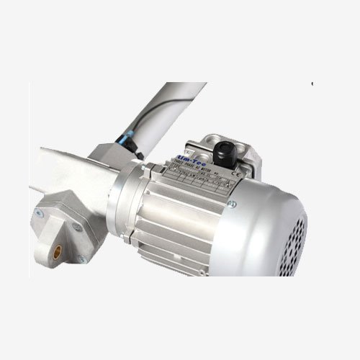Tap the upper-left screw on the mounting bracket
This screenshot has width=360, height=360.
click(x=41, y=214)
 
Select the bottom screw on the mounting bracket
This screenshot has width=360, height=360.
click(x=81, y=258)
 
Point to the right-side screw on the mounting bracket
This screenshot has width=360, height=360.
click(x=76, y=228)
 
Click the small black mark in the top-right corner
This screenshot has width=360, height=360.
click(x=312, y=84)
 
